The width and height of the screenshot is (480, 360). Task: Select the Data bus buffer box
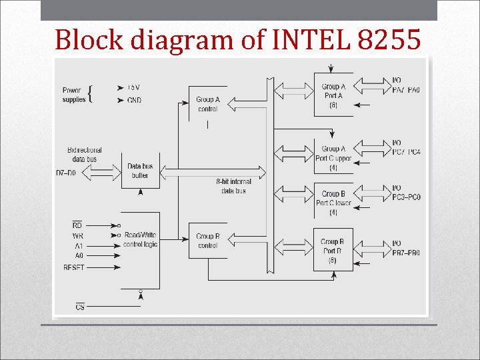(x=140, y=171)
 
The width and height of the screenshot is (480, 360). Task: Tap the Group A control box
(x=207, y=104)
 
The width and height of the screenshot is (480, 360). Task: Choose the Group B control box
(x=207, y=241)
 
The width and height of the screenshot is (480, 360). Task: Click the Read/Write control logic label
(x=140, y=239)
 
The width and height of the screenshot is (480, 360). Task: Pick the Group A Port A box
(x=333, y=95)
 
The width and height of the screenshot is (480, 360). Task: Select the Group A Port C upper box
(x=333, y=157)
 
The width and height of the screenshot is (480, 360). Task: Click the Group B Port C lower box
(x=333, y=202)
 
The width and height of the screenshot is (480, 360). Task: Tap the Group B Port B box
(x=333, y=250)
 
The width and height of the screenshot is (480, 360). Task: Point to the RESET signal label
(x=74, y=267)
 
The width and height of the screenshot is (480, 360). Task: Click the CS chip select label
(x=80, y=307)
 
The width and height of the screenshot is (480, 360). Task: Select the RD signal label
(x=77, y=225)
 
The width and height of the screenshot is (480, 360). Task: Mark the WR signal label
(x=77, y=236)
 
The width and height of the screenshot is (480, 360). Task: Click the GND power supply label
(x=134, y=100)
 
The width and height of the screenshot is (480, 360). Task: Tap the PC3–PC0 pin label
(x=406, y=197)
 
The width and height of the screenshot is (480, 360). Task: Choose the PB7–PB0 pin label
(x=406, y=253)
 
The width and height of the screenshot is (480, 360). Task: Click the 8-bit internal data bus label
(x=233, y=186)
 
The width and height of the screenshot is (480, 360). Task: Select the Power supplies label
(x=74, y=95)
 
